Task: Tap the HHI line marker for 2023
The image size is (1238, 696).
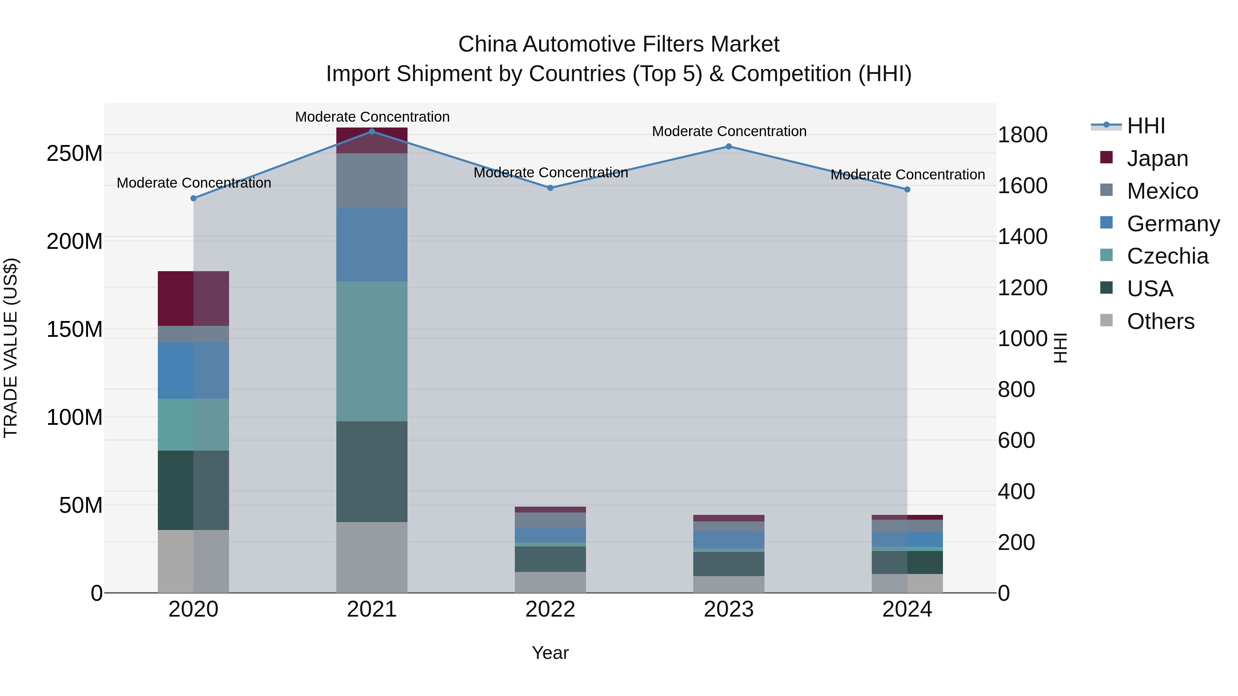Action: click(x=729, y=146)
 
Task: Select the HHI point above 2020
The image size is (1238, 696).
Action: click(x=193, y=198)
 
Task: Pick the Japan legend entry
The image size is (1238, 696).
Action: click(x=1157, y=158)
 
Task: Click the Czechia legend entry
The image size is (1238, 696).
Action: click(x=1167, y=256)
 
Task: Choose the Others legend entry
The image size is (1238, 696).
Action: click(x=1160, y=321)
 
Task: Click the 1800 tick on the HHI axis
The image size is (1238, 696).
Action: click(x=1022, y=135)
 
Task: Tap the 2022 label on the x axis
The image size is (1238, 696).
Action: click(x=550, y=609)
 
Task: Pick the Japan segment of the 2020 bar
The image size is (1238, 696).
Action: click(x=193, y=298)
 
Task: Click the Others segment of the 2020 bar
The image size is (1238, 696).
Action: click(x=193, y=561)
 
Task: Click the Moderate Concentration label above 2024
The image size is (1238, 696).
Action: click(x=908, y=175)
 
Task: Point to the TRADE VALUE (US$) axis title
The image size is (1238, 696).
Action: click(x=11, y=348)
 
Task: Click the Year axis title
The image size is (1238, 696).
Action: click(x=550, y=653)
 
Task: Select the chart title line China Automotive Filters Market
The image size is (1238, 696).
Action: click(x=619, y=44)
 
